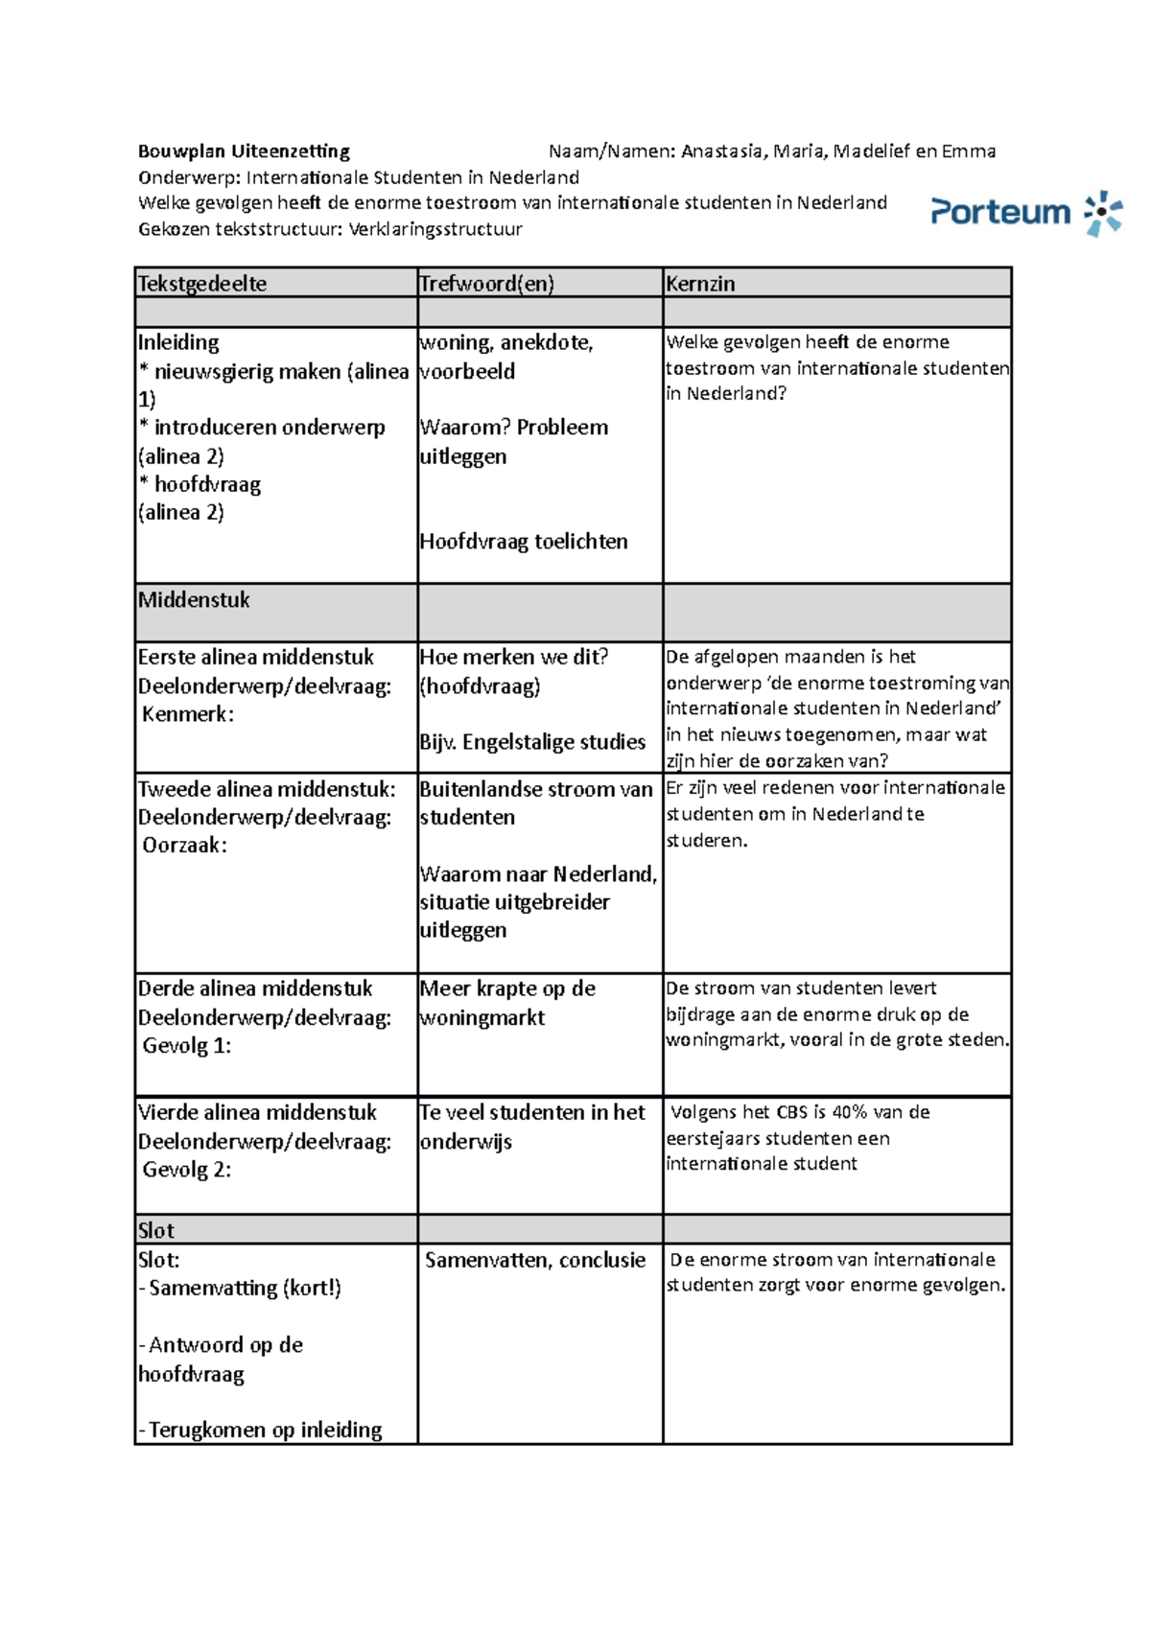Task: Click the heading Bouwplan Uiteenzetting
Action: pos(244,151)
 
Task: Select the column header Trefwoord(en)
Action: pos(486,284)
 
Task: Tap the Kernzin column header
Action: pos(700,284)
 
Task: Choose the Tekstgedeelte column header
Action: pos(202,284)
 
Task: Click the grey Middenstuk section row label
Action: pos(194,600)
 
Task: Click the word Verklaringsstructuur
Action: pos(435,229)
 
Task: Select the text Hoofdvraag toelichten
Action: pos(524,542)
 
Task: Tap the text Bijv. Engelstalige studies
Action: pos(532,742)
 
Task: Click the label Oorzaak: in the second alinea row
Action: pos(185,846)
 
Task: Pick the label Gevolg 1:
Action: pos(187,1046)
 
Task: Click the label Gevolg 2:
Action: pos(187,1170)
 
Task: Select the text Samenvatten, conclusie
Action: pos(535,1261)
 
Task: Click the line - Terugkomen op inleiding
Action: pos(260,1430)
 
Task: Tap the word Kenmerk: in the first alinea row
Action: pos(188,714)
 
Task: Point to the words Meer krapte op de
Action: pos(507,988)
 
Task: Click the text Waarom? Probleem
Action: pos(514,428)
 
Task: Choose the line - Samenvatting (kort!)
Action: pos(240,1289)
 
